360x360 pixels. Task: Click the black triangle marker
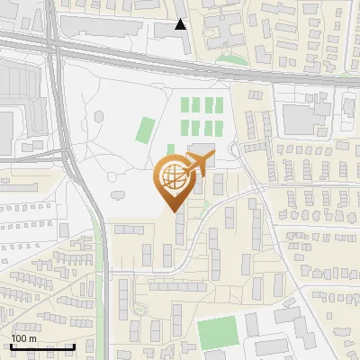click(181, 24)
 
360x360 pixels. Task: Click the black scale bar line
click(42, 346)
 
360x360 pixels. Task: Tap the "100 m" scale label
click(23, 338)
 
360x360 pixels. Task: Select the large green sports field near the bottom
click(217, 333)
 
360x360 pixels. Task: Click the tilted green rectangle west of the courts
click(145, 130)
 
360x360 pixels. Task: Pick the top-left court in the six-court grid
click(186, 105)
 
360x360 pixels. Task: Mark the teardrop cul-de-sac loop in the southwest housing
click(139, 308)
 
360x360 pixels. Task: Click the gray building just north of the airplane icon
click(202, 149)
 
